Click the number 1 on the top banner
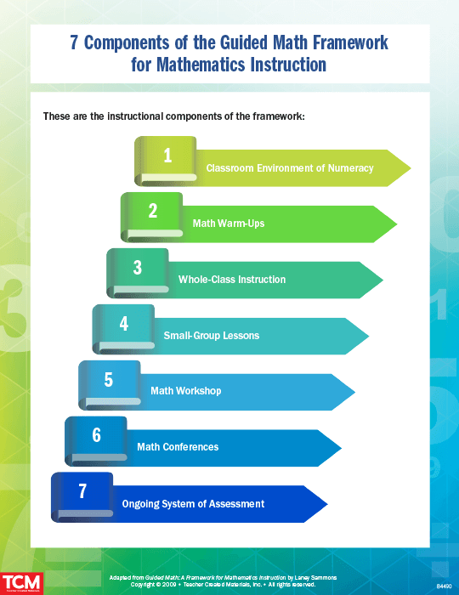click(167, 155)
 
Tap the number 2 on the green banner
click(153, 211)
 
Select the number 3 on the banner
click(138, 268)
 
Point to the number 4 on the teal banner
click(124, 324)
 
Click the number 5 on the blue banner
click(109, 379)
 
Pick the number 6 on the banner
click(96, 435)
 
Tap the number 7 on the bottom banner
click(82, 491)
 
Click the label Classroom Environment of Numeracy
click(289, 168)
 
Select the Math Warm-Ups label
click(229, 224)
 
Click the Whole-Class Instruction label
click(232, 280)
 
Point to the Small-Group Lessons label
click(212, 336)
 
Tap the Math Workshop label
click(185, 391)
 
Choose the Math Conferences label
click(178, 447)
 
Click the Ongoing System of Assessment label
click(193, 504)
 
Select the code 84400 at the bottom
click(445, 586)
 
